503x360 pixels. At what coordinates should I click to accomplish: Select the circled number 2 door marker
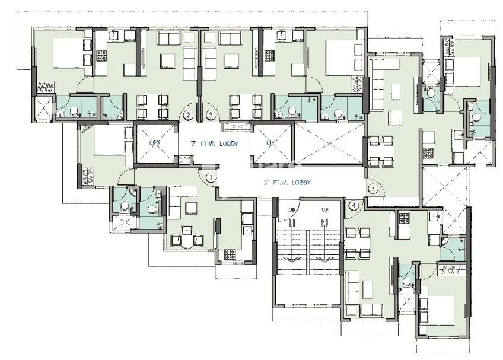189,116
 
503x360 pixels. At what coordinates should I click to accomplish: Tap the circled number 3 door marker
210,116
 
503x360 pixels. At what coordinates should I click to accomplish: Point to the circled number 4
354,206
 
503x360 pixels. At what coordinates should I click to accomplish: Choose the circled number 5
373,189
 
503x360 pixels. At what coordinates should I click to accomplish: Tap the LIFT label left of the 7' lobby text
154,143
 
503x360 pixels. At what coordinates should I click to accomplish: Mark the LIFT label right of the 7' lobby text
272,143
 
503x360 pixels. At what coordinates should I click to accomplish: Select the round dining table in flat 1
187,239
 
